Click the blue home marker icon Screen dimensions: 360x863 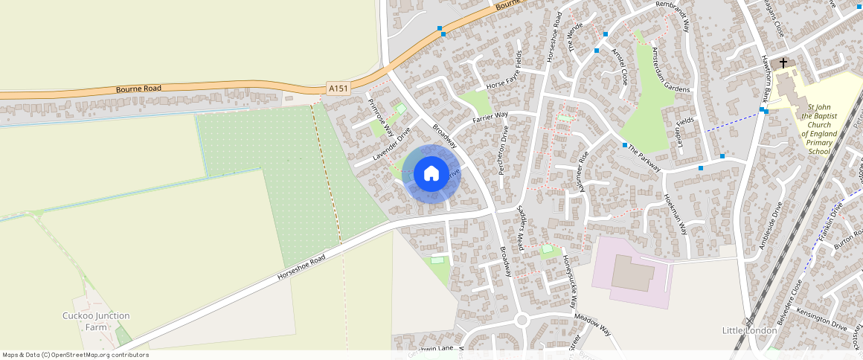[x=431, y=174]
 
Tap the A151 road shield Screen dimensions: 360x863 [x=339, y=89]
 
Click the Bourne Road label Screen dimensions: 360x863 [x=138, y=89]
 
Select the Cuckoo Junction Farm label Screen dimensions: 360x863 [x=96, y=321]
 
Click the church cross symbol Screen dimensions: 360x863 [x=783, y=63]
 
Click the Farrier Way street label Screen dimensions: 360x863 [x=490, y=118]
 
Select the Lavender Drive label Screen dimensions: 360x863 [x=391, y=145]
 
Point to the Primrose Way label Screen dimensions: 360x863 [x=380, y=116]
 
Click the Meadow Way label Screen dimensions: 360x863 [x=592, y=324]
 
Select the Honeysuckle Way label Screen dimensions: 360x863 [x=570, y=283]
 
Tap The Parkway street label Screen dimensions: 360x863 [x=644, y=157]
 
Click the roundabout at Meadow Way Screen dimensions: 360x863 [x=522, y=321]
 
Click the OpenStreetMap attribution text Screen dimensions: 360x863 [x=75, y=355]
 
